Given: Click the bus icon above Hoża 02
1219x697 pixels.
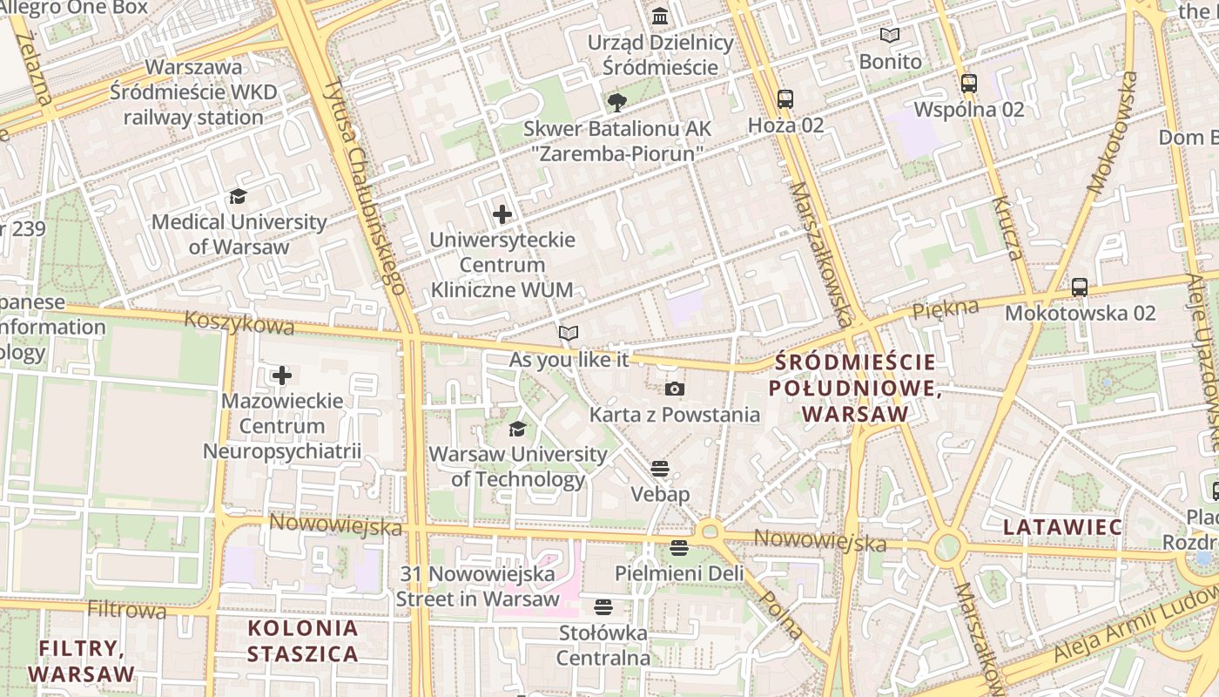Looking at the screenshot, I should point(785,99).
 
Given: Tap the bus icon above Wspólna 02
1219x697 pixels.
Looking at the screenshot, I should point(968,84).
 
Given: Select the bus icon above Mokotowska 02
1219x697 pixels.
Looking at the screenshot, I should point(1080,287).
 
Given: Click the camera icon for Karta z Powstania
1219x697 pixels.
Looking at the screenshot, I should point(674,389).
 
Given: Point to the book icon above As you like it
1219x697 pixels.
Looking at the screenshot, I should point(569,333).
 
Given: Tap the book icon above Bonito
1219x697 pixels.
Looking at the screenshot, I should point(889,36).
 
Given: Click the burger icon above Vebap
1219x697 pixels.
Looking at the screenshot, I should point(660,469).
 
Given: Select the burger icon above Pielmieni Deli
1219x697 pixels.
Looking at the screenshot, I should point(679,548).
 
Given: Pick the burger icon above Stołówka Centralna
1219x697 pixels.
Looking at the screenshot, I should point(603,606).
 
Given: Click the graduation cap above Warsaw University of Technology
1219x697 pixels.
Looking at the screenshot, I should point(517,429).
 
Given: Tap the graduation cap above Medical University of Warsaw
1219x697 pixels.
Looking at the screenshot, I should point(238,197).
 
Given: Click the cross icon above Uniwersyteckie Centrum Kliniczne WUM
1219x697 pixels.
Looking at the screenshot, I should point(502,213).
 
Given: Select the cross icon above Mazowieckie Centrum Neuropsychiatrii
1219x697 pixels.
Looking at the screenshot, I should point(282,376).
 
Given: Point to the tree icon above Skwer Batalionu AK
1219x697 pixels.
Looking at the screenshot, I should point(616,103).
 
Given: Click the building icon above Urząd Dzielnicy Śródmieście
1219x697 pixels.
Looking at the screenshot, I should point(660,17).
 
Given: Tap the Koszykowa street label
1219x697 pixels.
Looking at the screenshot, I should point(239,323).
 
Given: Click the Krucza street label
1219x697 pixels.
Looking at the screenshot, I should point(1007,228).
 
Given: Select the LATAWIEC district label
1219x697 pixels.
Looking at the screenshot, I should point(1062,527).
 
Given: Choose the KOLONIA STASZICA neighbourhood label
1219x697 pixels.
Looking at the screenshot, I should point(302,640).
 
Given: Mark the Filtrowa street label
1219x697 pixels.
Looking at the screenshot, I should point(127,609).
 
